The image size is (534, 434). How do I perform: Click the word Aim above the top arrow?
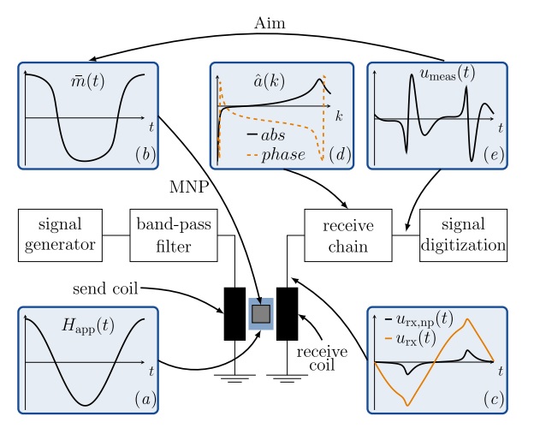pos(270,23)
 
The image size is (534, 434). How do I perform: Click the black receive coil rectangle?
pos(287,314)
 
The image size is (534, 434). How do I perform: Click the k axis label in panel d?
pos(340,114)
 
